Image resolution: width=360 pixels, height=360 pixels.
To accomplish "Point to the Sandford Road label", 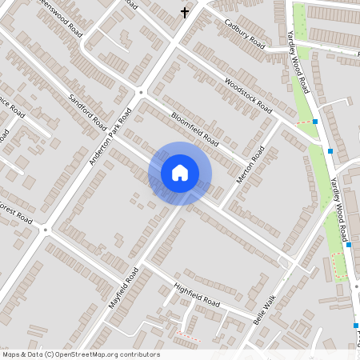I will pos(88,112).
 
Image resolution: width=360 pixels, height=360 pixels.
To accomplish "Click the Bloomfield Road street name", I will pos(194,127).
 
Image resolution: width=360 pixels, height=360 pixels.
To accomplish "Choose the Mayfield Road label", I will pos(124,288).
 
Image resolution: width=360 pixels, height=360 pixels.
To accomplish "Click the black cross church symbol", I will pos(186,12).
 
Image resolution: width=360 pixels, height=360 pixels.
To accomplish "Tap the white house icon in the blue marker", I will pos(180,173).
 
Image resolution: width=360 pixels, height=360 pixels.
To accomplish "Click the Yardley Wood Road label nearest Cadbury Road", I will pos(298,60).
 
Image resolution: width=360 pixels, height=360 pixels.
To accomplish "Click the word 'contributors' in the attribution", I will pos(136,354).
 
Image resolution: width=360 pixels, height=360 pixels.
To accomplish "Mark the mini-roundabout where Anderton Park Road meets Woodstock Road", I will pos(141,92).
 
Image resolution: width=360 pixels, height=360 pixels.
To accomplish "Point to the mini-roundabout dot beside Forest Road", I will pos(46,230).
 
